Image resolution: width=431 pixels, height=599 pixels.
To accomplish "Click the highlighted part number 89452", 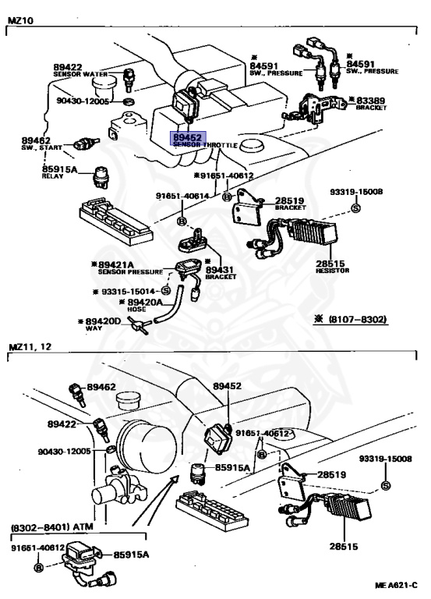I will (185, 136).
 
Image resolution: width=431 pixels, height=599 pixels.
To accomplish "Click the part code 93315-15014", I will (125, 290).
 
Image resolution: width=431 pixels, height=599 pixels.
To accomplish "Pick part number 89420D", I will (104, 321).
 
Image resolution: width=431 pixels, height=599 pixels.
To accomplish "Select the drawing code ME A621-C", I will (395, 584).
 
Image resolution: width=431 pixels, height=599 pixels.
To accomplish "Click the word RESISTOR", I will (333, 271).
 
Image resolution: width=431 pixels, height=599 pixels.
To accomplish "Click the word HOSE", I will (137, 309).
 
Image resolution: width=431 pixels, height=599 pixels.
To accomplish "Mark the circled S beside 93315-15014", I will (165, 290).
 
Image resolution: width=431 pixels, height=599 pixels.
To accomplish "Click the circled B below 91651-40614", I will (182, 211).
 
